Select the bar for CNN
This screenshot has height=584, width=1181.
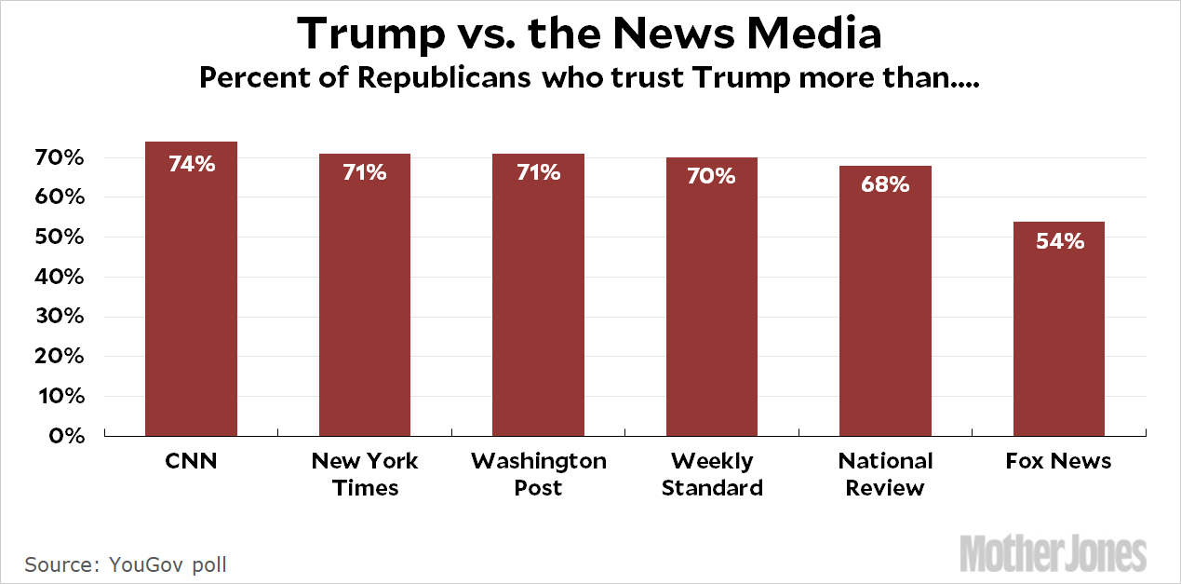[191, 289]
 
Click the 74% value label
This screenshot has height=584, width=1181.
[192, 164]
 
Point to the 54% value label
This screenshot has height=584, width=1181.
[1059, 241]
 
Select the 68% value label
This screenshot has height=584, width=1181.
[885, 184]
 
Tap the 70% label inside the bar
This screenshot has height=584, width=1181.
[711, 176]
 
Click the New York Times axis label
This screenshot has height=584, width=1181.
[365, 474]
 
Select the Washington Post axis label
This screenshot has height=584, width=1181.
[538, 474]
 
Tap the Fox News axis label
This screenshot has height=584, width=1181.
[1058, 461]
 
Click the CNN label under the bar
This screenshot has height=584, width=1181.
[191, 461]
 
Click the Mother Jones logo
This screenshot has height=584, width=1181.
[1053, 552]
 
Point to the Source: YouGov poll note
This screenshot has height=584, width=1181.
[126, 564]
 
